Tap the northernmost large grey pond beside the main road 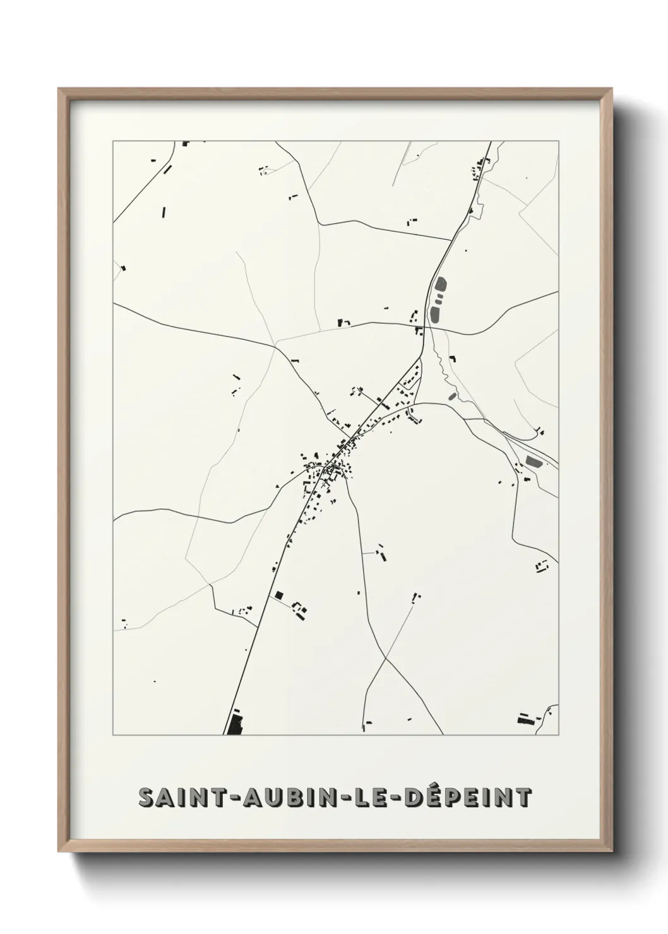click(440, 287)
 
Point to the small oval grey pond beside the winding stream click(451, 396)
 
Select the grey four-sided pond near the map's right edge click(534, 461)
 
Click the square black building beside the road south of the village click(278, 594)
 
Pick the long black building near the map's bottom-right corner click(525, 718)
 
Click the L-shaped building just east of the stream click(452, 358)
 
